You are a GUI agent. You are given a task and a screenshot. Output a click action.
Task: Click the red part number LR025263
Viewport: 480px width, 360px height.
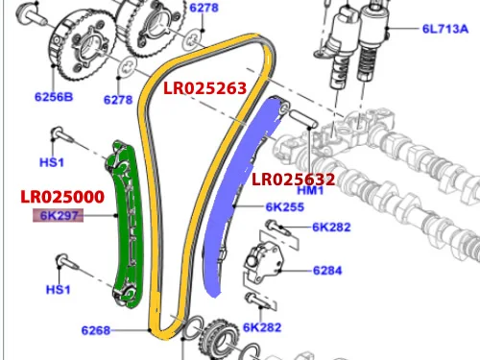[x=204, y=88]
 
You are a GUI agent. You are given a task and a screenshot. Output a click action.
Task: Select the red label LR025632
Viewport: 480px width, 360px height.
[x=293, y=180]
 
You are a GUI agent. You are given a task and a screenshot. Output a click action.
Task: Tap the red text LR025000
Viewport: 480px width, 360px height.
[x=62, y=197]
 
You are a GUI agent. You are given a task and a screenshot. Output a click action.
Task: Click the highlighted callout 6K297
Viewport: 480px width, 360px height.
[x=59, y=215]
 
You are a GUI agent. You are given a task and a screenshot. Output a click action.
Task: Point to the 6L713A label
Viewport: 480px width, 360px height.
[x=445, y=29]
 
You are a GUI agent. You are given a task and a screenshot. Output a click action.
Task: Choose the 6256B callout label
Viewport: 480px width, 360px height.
[x=54, y=97]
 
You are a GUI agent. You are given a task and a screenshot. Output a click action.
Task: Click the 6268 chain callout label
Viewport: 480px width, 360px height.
[x=96, y=330]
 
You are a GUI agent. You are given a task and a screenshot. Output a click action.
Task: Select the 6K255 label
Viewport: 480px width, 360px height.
[x=285, y=207]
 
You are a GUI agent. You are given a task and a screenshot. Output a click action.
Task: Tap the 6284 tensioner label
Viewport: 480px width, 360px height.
[x=327, y=271]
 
